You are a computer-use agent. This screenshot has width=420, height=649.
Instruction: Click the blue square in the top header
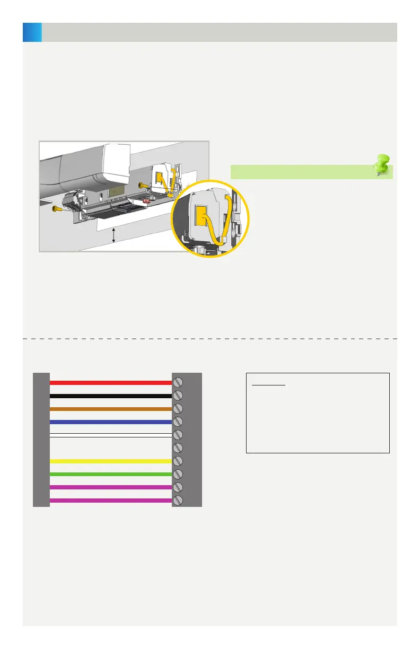[x=32, y=32]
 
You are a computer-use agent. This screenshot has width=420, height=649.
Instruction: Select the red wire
[x=110, y=382]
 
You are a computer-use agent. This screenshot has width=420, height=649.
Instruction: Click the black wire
[x=110, y=396]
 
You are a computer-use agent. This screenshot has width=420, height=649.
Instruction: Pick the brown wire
[x=110, y=409]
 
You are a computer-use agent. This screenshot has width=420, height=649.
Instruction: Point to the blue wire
[x=110, y=422]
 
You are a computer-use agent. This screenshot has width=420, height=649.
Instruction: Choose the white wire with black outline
[x=110, y=435]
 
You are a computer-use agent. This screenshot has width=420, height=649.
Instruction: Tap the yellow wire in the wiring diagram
[x=110, y=461]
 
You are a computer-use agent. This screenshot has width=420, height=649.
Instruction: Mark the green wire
[x=110, y=474]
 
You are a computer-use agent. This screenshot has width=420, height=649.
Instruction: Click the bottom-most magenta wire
[x=110, y=500]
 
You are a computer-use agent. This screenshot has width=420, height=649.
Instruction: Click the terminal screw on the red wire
[x=179, y=382]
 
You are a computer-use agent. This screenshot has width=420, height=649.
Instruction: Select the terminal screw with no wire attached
[x=179, y=448]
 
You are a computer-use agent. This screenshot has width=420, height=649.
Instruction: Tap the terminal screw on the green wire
[x=179, y=474]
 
